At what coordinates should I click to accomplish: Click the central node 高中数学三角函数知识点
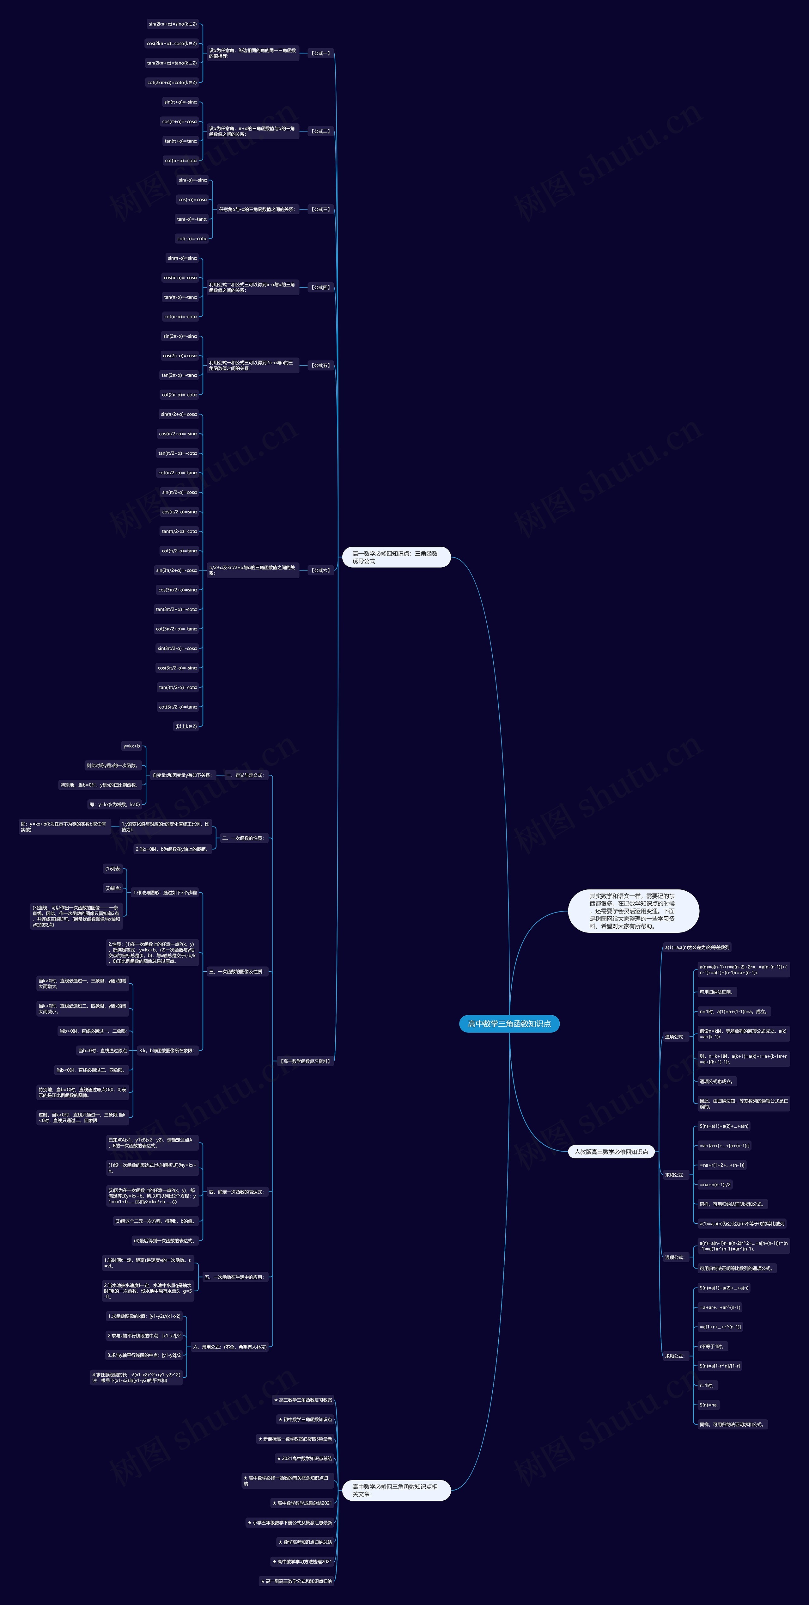point(509,1024)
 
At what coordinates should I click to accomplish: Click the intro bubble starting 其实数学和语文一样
point(633,911)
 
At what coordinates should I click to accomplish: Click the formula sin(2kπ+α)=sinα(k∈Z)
point(173,24)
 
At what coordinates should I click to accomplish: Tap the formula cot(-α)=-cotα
point(192,239)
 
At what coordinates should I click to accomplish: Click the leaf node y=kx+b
point(131,746)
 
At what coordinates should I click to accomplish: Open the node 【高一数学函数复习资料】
point(305,1061)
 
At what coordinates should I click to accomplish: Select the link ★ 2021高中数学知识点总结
point(305,1459)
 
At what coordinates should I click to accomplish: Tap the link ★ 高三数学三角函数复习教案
point(303,1400)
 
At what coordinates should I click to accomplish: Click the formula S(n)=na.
point(709,1405)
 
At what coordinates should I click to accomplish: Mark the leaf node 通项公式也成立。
point(716,1082)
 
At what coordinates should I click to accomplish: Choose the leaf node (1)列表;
point(113,869)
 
